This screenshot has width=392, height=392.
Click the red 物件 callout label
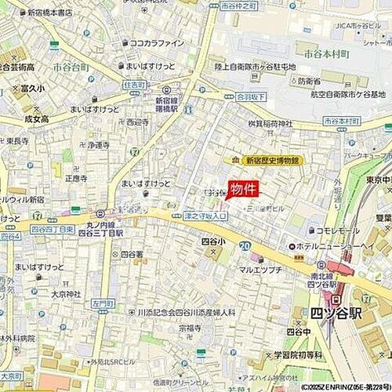click(x=243, y=190)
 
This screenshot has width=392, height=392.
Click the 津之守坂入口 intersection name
click(x=205, y=215)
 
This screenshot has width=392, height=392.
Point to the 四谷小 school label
click(x=211, y=241)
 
